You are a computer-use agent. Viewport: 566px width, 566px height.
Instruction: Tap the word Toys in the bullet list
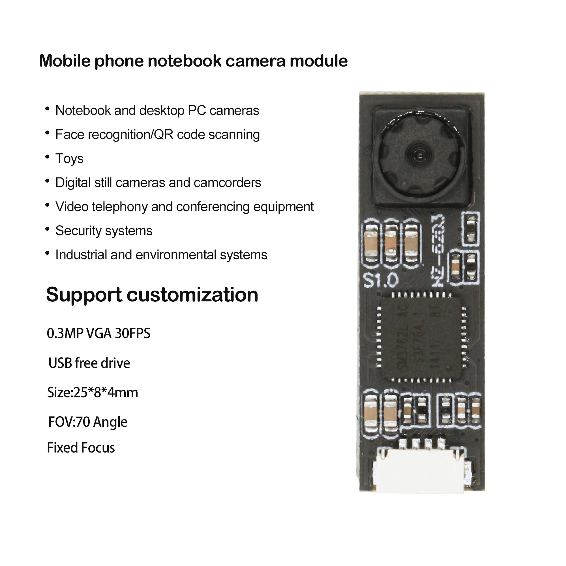(x=69, y=159)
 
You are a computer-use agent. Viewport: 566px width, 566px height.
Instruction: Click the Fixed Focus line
(x=81, y=448)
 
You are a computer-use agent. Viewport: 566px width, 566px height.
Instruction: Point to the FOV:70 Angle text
(x=88, y=422)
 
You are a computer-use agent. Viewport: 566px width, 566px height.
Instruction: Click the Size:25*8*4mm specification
(x=93, y=393)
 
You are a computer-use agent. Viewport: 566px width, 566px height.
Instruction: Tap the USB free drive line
(x=89, y=363)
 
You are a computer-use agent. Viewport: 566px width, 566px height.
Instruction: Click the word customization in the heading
(x=192, y=294)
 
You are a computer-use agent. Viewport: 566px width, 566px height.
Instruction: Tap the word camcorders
(x=227, y=183)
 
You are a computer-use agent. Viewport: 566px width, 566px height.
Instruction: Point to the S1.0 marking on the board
(x=381, y=281)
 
